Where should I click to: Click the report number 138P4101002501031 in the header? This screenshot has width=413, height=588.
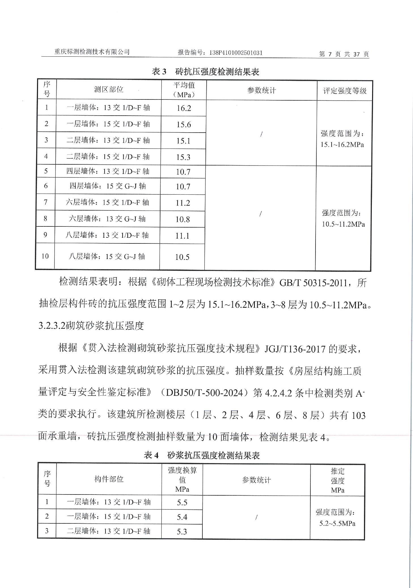click(x=236, y=52)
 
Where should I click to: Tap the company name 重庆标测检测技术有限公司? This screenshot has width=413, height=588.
click(x=92, y=52)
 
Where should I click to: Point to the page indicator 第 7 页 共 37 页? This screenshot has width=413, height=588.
click(x=344, y=54)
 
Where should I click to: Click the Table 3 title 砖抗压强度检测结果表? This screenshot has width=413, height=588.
click(x=206, y=72)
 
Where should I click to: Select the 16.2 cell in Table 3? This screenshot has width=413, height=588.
click(x=184, y=108)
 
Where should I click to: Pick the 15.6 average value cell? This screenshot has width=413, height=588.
click(x=184, y=124)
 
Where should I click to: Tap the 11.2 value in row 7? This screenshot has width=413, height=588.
click(x=183, y=203)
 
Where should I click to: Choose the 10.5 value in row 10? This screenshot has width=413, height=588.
click(x=182, y=257)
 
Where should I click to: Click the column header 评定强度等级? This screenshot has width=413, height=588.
click(x=345, y=91)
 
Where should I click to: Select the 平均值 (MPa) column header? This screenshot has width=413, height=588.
click(x=184, y=90)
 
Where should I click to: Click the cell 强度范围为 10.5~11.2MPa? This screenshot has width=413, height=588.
click(x=343, y=218)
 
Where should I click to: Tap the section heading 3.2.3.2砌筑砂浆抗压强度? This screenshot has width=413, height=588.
click(x=91, y=326)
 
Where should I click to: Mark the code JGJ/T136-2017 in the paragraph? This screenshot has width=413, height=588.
click(x=295, y=348)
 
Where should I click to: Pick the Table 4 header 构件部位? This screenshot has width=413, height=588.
click(x=109, y=479)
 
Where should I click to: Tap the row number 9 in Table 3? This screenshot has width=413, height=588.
click(x=45, y=235)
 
